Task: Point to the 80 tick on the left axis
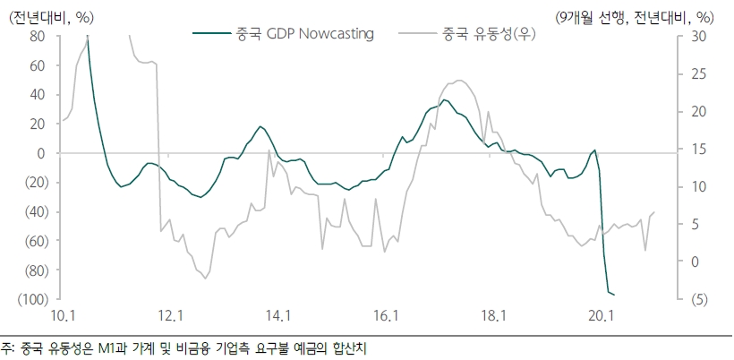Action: (x=38, y=37)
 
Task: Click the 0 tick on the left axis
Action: (x=41, y=154)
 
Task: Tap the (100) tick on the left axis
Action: (x=30, y=299)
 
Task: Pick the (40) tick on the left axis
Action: (x=33, y=212)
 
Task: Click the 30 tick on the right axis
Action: (x=697, y=37)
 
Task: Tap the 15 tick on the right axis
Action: (x=696, y=150)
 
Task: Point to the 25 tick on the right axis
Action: (x=696, y=74)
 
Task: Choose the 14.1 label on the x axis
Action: (x=278, y=315)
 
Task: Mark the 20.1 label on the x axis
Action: (x=601, y=315)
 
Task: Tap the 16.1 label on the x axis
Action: (x=386, y=315)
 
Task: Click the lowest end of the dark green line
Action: (x=615, y=295)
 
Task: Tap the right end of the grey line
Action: (x=654, y=212)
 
